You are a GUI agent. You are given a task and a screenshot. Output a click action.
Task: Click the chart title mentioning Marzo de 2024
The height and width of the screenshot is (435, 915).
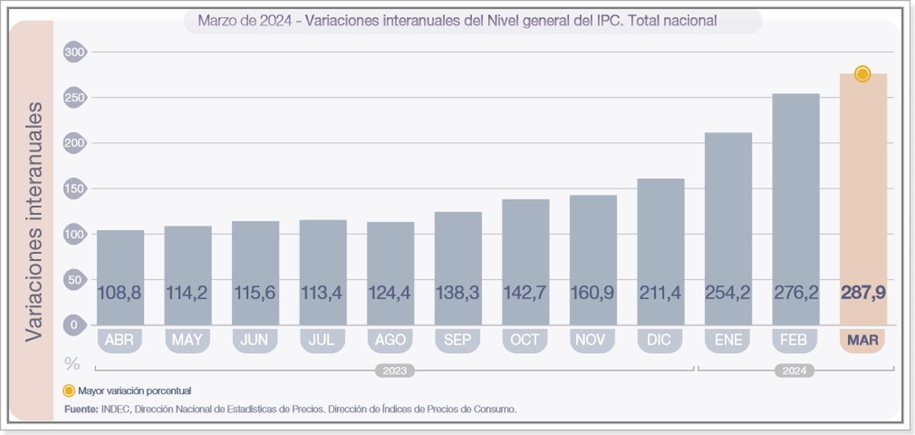point(457,21)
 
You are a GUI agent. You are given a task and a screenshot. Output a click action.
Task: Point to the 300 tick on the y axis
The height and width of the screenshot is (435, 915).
point(76,52)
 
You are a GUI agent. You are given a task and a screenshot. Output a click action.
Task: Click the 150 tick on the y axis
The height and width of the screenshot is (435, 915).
point(76,188)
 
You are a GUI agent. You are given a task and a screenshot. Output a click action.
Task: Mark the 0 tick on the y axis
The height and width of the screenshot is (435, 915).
point(76,325)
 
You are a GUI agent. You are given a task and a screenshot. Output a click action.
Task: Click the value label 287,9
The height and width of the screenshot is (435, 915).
point(862,292)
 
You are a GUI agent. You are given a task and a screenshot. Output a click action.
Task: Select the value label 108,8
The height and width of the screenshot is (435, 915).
point(120,292)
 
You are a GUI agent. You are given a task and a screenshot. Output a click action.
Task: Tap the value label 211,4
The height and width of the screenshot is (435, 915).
point(660,292)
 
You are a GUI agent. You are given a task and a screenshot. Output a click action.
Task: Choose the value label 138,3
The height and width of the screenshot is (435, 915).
point(457,292)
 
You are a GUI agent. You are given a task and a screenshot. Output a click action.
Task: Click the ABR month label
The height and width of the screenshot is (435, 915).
point(120,340)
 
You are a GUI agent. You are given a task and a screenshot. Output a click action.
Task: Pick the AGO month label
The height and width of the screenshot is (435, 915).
point(390,340)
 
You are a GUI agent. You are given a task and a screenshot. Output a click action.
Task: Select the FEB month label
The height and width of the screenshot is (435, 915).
point(795,340)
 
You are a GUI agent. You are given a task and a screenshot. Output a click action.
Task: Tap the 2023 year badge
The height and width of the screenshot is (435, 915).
point(394,371)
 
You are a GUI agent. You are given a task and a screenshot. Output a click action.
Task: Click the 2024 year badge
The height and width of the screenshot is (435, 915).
point(795,371)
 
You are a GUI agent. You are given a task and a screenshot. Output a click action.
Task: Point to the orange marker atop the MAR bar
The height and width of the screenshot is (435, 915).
point(862,74)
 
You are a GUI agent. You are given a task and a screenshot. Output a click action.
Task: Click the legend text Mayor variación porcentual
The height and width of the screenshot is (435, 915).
point(134,391)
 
